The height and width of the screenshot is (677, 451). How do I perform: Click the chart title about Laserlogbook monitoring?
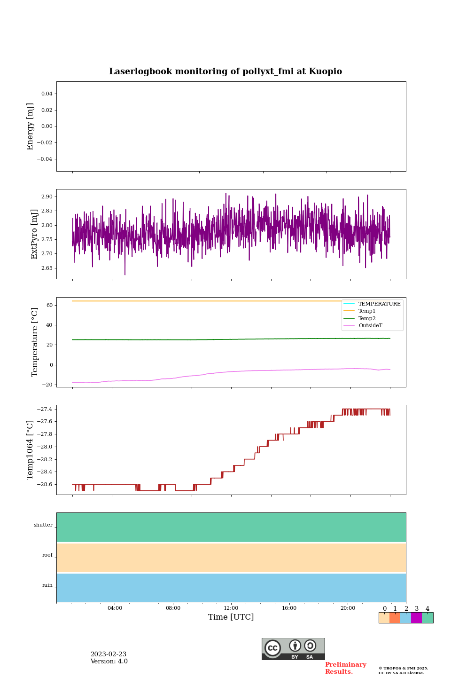[225, 71]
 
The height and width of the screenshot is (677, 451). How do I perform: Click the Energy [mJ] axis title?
[31, 126]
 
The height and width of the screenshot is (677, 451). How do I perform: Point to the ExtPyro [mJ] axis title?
[34, 234]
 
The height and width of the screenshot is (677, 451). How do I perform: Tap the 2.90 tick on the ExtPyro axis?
[47, 197]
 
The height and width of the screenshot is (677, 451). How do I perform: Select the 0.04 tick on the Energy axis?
[47, 94]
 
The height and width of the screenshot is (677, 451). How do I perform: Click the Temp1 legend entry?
[367, 311]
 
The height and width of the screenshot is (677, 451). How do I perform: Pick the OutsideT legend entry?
[370, 326]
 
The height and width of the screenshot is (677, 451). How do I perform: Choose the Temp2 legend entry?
[367, 319]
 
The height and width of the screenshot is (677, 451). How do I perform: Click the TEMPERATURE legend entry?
[379, 304]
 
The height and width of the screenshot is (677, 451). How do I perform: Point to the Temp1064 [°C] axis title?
[31, 450]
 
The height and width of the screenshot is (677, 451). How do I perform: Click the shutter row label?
[43, 525]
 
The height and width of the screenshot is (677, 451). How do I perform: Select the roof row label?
[47, 555]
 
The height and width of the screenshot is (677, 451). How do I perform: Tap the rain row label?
[47, 585]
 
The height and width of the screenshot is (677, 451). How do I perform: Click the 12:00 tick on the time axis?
[231, 608]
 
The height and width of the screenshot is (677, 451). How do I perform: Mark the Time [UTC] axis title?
[231, 617]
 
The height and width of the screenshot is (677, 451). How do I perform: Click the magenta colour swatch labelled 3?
[416, 618]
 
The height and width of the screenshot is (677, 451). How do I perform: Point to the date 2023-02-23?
[109, 654]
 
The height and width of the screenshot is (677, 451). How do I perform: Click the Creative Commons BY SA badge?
[293, 649]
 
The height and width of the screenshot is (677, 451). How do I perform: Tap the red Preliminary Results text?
[345, 668]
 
